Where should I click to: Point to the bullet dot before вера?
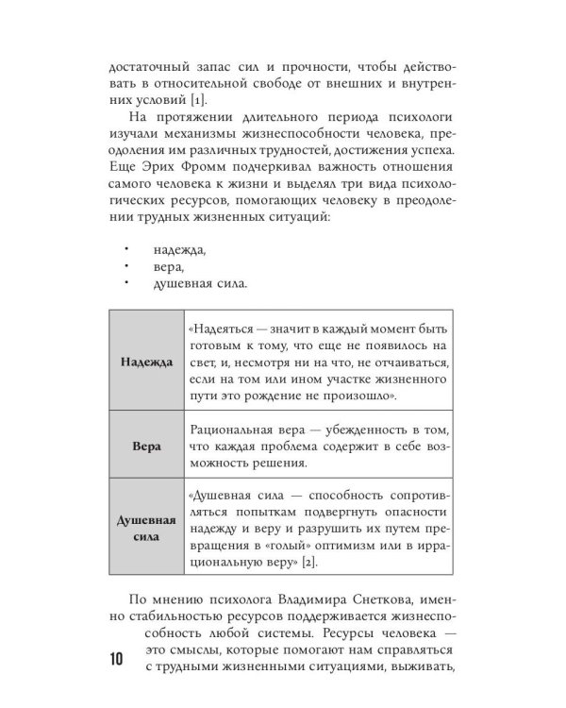click(x=125, y=267)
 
